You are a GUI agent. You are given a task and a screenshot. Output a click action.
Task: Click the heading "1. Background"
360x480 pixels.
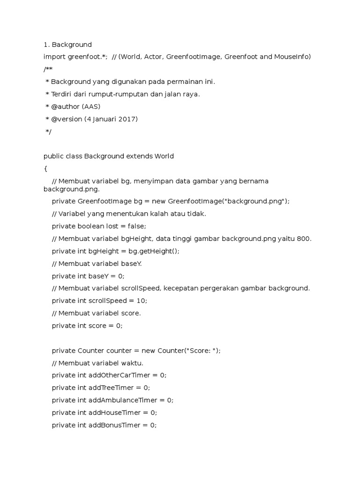click(67, 45)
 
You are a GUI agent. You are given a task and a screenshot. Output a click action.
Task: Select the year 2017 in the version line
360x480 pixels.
click(128, 119)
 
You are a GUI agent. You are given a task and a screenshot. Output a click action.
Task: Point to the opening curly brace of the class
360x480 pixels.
click(45, 169)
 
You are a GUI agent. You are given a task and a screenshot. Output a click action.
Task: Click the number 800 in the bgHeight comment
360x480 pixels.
click(303, 239)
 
